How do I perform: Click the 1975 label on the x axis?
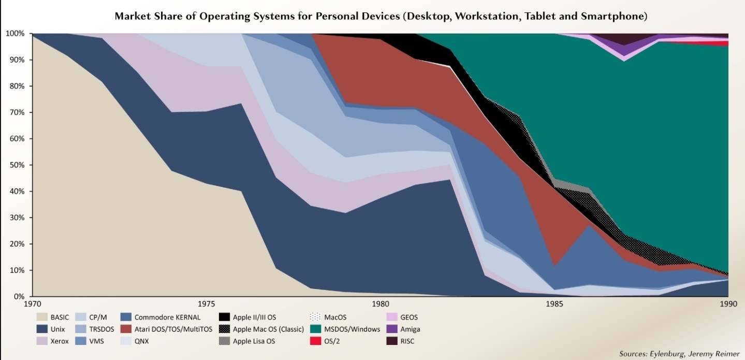pyautogui.click(x=207, y=304)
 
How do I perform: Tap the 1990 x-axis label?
pyautogui.click(x=728, y=304)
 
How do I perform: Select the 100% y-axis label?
pyautogui.click(x=15, y=34)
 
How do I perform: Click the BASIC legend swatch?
pyautogui.click(x=41, y=317)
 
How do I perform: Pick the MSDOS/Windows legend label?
pyautogui.click(x=352, y=329)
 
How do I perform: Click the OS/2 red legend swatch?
pyautogui.click(x=315, y=341)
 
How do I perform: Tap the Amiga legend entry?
pyautogui.click(x=403, y=329)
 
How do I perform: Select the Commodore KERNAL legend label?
pyautogui.click(x=167, y=317)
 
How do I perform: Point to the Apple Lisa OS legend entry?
pyautogui.click(x=247, y=341)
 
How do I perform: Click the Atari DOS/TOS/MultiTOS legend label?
pyautogui.click(x=173, y=329)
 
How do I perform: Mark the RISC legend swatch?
pyautogui.click(x=392, y=341)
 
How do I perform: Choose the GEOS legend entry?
pyautogui.click(x=402, y=317)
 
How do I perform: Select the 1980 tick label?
pyautogui.click(x=381, y=304)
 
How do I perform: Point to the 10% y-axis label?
pyautogui.click(x=17, y=270)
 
